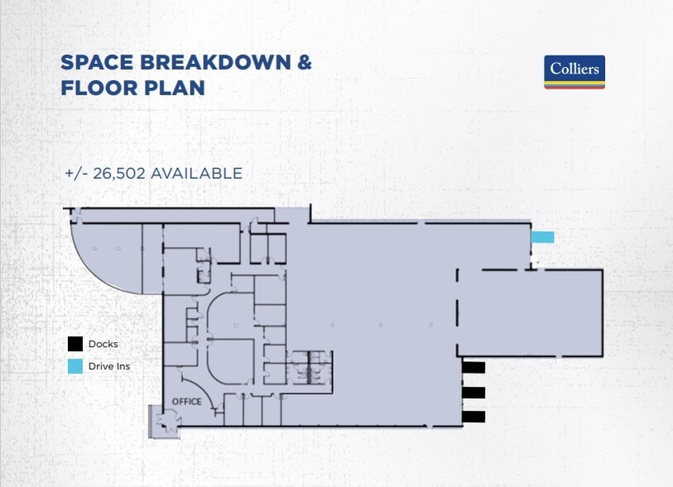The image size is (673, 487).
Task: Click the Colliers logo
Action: pos(574,72)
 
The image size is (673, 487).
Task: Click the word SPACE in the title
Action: pos(97,63)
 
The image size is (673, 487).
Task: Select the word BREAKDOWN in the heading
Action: pos(215,63)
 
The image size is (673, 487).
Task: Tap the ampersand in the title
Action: pos(304,63)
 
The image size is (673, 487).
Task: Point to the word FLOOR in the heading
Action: pos(99,88)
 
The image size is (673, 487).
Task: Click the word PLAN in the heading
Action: pos(175,88)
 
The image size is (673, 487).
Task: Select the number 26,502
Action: pos(118,173)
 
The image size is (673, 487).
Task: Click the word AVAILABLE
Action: pos(196,173)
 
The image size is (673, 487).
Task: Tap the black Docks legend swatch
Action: pos(75,344)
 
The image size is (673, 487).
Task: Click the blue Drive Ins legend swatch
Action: pos(75,366)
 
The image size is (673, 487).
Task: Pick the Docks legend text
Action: pos(103,344)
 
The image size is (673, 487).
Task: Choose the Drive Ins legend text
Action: pos(109,366)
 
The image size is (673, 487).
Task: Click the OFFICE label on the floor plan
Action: pos(187,402)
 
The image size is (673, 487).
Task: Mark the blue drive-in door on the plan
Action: pos(542,237)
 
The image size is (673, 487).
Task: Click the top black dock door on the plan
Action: pos(474,367)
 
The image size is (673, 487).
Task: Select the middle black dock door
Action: pos(474,392)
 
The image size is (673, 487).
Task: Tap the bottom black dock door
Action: pos(474,417)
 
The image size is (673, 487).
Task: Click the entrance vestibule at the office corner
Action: pos(164,421)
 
